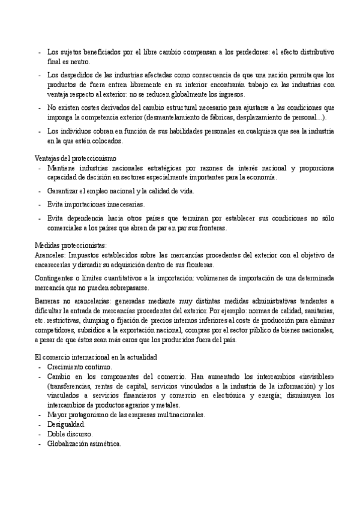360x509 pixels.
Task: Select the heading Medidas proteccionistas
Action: click(70, 245)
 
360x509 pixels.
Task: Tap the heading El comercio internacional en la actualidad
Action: click(95, 358)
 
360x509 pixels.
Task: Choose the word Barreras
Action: click(47, 300)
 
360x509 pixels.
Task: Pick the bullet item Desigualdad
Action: click(64, 424)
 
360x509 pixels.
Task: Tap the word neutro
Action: click(80, 61)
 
